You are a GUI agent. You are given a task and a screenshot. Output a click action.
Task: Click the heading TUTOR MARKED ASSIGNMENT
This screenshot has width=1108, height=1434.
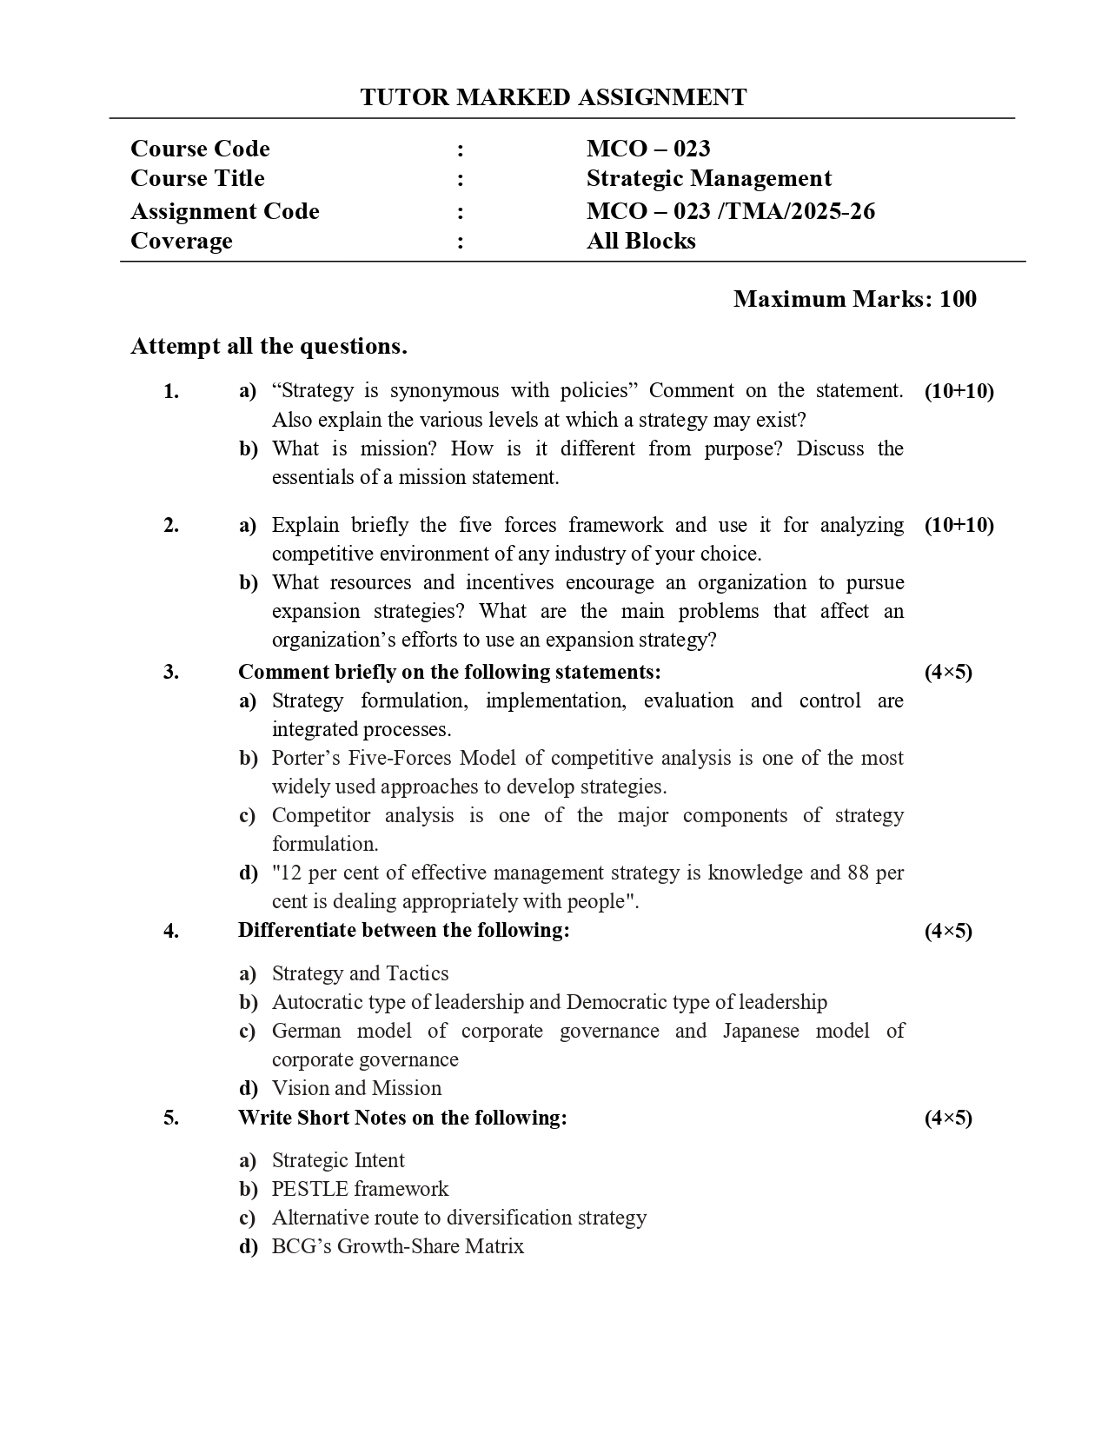pos(553,97)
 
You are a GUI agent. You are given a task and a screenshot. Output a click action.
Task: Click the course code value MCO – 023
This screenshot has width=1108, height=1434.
pos(647,149)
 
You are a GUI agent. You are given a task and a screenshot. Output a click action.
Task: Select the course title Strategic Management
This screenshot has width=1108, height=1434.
pos(708,178)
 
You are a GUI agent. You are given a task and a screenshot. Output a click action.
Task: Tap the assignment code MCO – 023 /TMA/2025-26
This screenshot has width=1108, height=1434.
pos(730,211)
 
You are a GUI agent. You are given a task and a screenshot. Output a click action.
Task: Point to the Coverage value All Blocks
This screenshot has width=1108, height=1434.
pos(640,241)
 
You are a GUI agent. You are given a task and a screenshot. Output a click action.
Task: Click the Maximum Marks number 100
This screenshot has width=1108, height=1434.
pos(958,299)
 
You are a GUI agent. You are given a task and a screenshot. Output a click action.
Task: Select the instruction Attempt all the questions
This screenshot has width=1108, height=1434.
pos(269,346)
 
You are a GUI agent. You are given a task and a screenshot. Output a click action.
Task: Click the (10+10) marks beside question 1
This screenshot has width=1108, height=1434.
pos(959,391)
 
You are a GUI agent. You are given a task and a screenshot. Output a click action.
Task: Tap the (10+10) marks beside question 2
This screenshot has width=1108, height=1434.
pos(959,525)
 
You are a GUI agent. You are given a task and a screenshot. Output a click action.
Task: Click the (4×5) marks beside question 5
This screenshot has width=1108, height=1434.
pos(948,1118)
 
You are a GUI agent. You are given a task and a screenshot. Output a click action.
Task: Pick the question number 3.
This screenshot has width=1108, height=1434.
pos(171,672)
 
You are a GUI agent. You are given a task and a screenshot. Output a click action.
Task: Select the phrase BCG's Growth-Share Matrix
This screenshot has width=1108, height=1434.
pos(397,1246)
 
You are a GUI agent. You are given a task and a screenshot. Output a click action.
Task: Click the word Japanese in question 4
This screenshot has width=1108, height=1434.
pos(760,1031)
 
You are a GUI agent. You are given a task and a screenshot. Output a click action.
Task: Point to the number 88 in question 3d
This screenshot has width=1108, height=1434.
pos(858,873)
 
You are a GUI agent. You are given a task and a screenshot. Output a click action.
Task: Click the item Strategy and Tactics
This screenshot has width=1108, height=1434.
pos(360,973)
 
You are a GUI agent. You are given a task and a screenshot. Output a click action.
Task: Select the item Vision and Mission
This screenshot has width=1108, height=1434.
pos(356,1088)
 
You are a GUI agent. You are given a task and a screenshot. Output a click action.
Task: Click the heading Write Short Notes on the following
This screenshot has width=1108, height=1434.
pos(401,1118)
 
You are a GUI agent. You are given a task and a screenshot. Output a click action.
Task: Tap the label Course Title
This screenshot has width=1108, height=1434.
pos(197,178)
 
